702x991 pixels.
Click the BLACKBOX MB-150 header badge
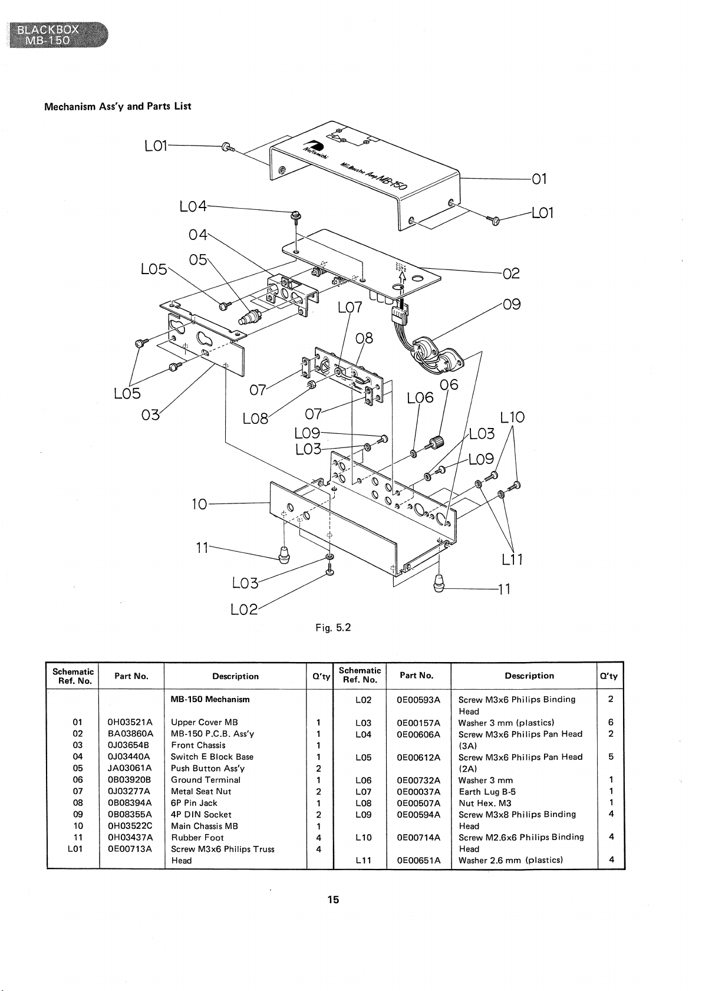point(57,35)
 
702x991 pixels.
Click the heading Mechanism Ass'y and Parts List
point(118,107)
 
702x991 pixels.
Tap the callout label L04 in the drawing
point(193,206)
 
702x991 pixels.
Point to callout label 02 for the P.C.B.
point(511,274)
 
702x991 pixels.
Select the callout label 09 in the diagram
point(512,305)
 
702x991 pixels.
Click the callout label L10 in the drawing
point(512,417)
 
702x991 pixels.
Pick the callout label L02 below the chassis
point(244,609)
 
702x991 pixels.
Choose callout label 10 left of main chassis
point(199,504)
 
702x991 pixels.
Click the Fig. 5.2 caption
point(333,628)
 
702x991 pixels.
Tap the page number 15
point(334,900)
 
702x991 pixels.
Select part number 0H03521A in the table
point(130,722)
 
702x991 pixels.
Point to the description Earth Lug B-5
point(487,792)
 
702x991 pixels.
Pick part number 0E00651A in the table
point(418,860)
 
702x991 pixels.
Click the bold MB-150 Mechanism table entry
point(210,699)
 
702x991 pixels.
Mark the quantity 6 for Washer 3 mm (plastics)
point(611,722)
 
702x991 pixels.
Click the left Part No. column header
point(131,676)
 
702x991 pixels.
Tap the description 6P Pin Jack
point(194,803)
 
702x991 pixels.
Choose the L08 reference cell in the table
point(363,803)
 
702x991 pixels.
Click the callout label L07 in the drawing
point(350,308)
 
